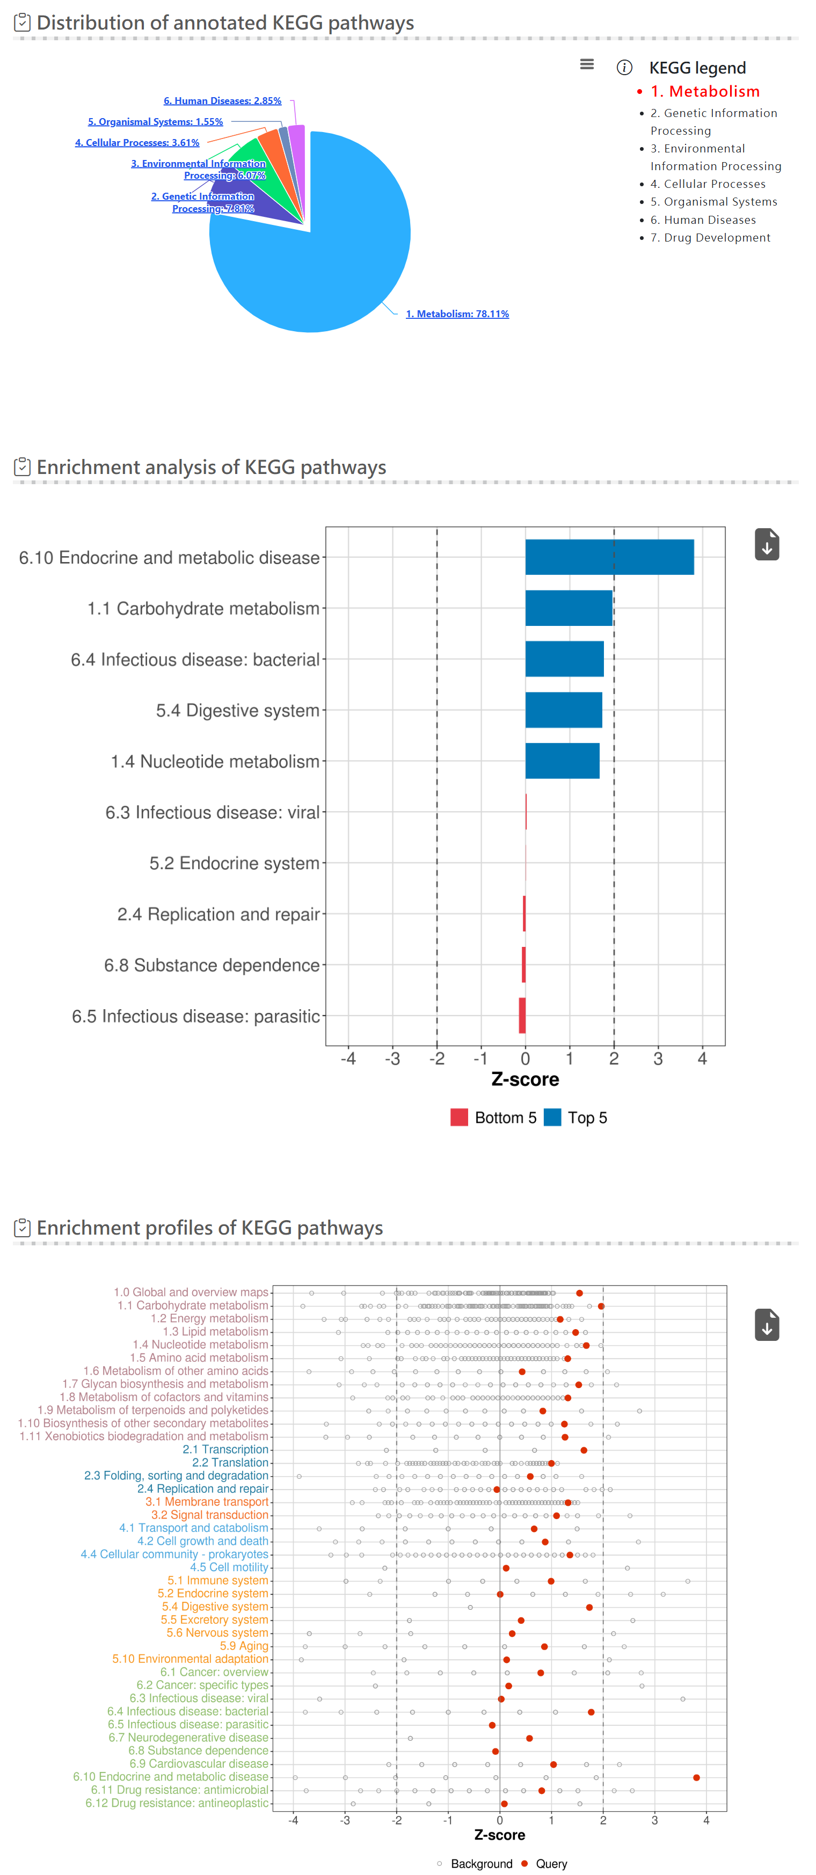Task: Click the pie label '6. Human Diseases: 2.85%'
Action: (222, 101)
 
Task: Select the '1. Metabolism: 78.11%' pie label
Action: (457, 313)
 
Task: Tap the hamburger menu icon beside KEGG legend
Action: (587, 65)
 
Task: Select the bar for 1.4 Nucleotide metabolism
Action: (562, 761)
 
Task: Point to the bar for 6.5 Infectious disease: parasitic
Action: (522, 1016)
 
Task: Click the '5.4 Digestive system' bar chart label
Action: (237, 710)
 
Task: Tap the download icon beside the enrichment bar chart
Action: (767, 544)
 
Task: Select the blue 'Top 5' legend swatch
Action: (552, 1117)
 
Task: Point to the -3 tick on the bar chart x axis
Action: (392, 1059)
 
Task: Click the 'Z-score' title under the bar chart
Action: (525, 1079)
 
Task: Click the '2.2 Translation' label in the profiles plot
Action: (230, 1462)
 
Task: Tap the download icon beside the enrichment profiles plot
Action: (767, 1325)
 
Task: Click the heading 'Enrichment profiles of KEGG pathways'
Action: (210, 1228)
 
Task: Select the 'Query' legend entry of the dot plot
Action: (550, 1863)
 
